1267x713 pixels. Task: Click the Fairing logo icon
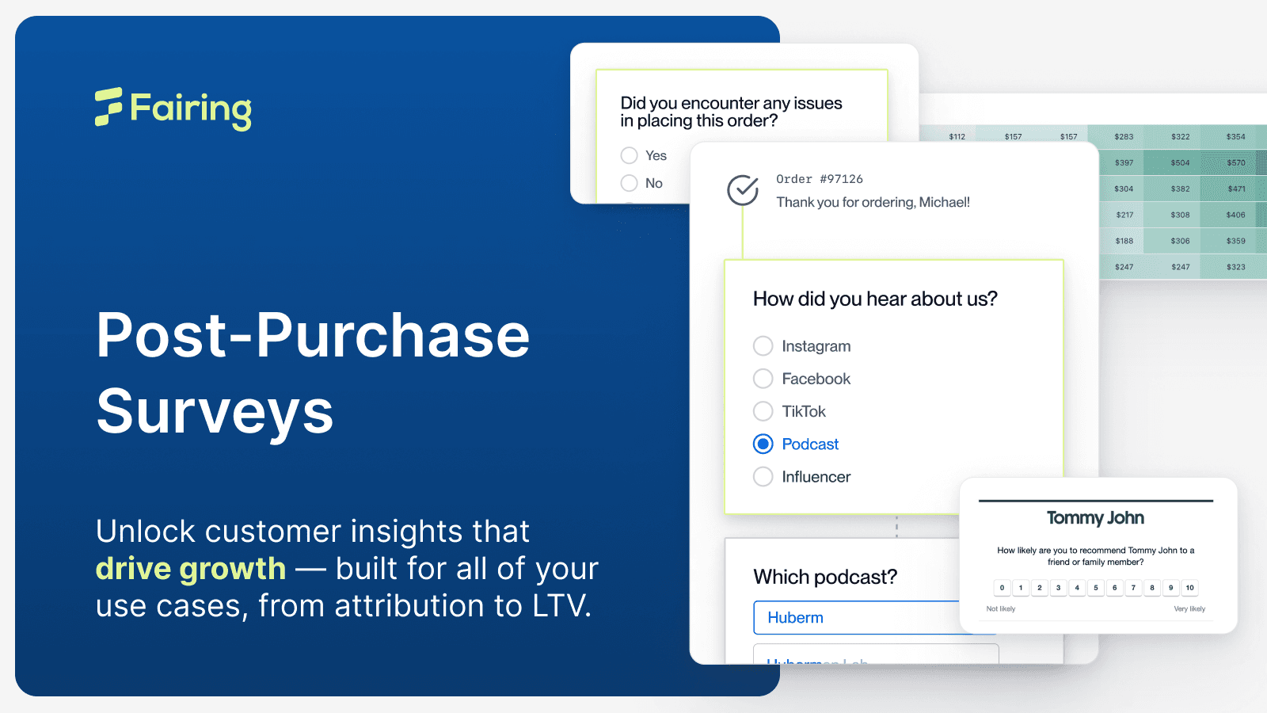(x=108, y=107)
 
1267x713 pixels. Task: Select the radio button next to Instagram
(x=763, y=346)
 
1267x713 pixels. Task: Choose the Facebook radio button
(x=763, y=379)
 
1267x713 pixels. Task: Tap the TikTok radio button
(x=763, y=411)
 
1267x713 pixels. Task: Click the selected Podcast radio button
(x=763, y=444)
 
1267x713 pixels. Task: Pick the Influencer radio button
(x=763, y=477)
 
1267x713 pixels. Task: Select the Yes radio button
(x=630, y=155)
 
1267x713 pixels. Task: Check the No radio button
(x=630, y=183)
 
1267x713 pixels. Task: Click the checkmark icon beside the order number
(x=743, y=190)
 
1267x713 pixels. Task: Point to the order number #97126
(x=820, y=179)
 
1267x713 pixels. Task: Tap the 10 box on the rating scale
(x=1189, y=588)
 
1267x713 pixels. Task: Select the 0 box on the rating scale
(x=1002, y=588)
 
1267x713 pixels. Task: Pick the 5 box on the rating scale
(x=1096, y=588)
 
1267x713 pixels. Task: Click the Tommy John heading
(x=1095, y=518)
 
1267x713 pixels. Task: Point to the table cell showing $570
(x=1236, y=162)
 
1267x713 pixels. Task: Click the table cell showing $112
(x=957, y=136)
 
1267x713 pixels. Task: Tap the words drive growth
(x=190, y=569)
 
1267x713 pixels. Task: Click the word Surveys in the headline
(x=215, y=412)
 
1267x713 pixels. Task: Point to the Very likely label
(x=1189, y=609)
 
